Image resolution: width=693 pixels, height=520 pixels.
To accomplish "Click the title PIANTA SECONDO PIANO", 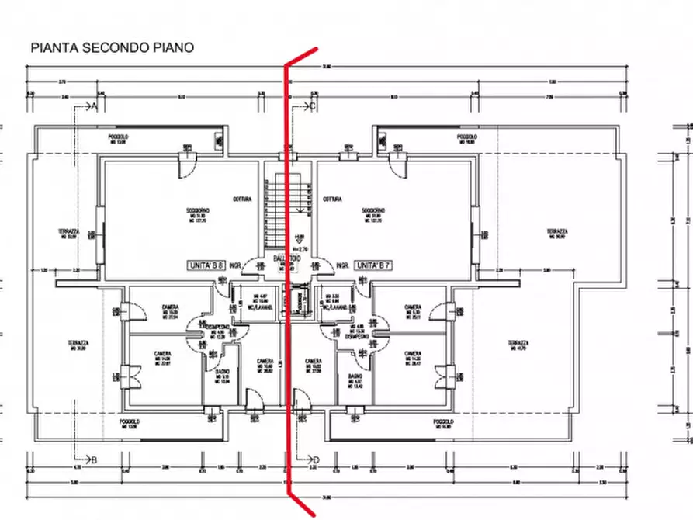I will (112, 47).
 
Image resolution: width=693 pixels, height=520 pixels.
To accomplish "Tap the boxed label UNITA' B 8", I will (206, 265).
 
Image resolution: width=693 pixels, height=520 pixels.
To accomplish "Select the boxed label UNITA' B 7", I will (372, 265).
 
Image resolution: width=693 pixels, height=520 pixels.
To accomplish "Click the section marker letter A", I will (95, 106).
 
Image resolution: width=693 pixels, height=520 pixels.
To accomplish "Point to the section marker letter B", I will (94, 460).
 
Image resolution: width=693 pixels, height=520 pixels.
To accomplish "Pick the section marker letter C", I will (313, 106).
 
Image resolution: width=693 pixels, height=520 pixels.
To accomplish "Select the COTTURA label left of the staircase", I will (243, 199).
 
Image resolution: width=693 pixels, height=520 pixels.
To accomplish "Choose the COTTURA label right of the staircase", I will (333, 199).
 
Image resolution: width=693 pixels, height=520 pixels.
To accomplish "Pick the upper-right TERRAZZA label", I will (556, 231).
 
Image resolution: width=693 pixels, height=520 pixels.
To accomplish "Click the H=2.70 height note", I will (301, 248).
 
